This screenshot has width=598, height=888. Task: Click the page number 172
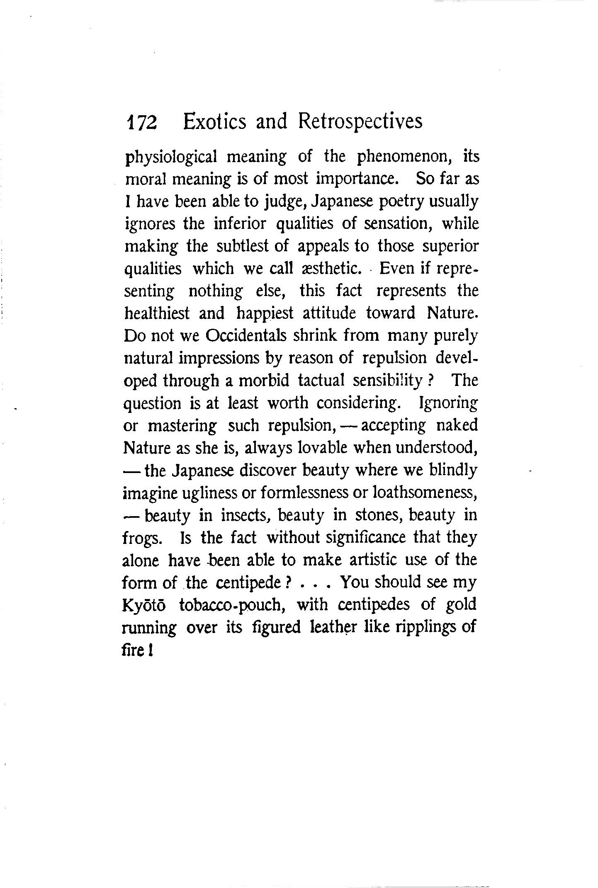(141, 123)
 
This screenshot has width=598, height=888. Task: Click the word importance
(360, 180)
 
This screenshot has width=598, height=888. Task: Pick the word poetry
(396, 202)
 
